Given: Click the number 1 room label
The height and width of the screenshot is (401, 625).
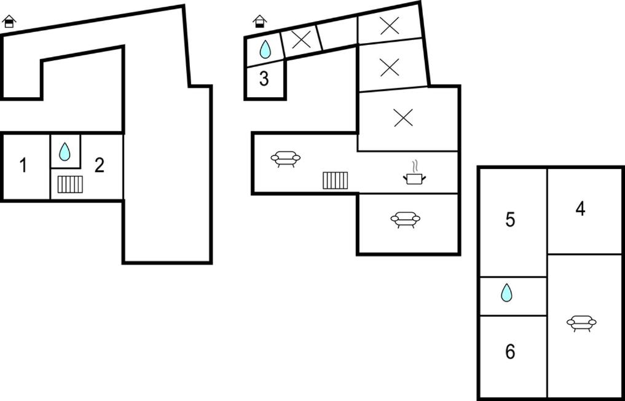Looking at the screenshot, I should pos(23,165).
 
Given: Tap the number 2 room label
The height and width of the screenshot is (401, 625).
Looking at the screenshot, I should pos(99,165).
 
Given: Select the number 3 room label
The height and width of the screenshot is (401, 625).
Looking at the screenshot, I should pos(264,79).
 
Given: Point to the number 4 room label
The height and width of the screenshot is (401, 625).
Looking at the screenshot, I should pos(580,210).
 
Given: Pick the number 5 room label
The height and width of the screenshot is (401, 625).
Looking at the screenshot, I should pos(510,220).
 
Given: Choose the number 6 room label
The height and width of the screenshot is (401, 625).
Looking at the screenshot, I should pos(510,352).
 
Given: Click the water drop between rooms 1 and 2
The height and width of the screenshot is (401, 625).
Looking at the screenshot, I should pos(65,151).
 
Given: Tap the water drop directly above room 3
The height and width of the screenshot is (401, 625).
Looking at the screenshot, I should pos(265,49).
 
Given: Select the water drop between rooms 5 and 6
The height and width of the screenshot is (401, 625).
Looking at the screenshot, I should pos(506,293).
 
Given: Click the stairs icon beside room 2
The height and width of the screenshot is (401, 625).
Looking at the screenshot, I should pos(70,185).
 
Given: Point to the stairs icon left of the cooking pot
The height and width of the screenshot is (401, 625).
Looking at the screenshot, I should pos(336,180).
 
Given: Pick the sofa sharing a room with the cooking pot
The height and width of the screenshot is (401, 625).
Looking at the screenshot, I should pos(286,159).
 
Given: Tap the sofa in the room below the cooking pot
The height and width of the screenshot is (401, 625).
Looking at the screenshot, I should pos(405,220).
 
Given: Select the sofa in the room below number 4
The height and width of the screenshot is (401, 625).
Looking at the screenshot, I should pos(581,322).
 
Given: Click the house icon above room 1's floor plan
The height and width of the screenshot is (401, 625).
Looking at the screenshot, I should pos(9,22).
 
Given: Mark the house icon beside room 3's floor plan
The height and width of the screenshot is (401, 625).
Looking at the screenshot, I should pos(260,22).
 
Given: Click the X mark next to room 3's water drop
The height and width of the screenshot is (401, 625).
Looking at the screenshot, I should pos(301,40).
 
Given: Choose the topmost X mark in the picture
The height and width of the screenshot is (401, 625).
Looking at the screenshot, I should pos(389,25).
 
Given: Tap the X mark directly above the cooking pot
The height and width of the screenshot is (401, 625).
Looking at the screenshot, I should pos(403,117).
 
